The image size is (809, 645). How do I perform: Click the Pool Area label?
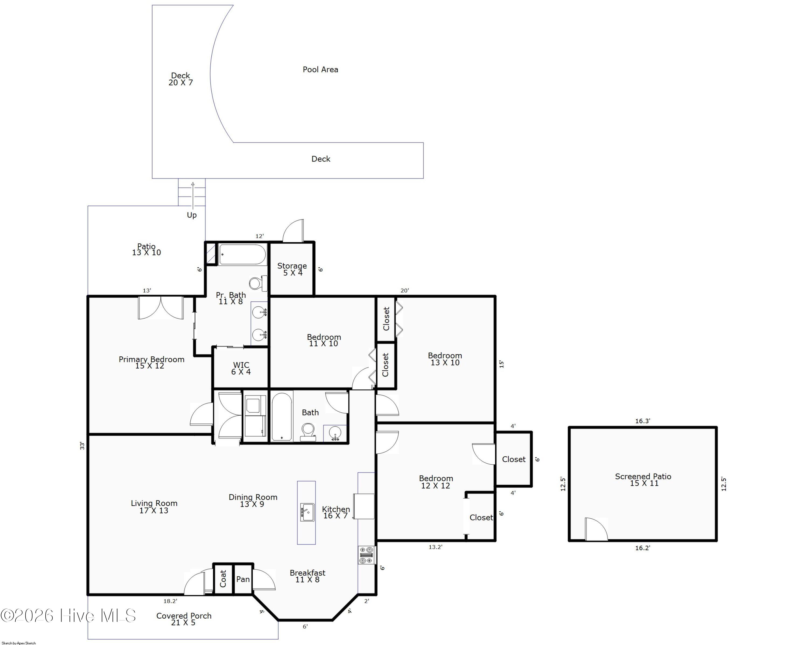tap(320, 69)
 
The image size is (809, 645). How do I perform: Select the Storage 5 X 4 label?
tap(292, 269)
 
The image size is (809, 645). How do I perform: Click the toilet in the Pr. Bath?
tap(258, 284)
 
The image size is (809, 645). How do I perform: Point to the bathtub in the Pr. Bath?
tap(242, 255)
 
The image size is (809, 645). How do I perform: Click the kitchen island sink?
tap(307, 512)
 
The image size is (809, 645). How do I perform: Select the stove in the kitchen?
tap(366, 555)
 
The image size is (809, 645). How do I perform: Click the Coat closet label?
tap(223, 579)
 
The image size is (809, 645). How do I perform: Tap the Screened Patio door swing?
tap(596, 529)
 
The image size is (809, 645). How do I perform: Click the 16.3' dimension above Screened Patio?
tap(642, 421)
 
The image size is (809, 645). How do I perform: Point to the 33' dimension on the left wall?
tap(82, 446)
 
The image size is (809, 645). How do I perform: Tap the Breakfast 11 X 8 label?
tap(307, 576)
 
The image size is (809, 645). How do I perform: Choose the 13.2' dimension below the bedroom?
tap(435, 547)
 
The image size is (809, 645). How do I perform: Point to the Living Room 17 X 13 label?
tap(154, 507)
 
